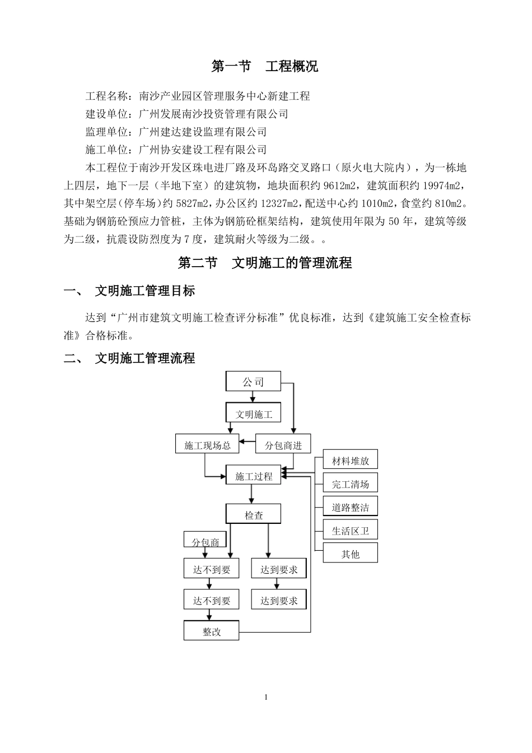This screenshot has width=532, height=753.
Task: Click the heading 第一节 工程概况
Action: [x=265, y=67]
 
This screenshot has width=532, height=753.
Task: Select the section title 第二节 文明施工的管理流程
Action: [x=265, y=263]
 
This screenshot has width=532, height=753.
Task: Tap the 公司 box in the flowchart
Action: [x=253, y=382]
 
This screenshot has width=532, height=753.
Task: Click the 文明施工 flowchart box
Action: [x=253, y=414]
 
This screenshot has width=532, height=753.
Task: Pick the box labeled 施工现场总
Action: [x=207, y=445]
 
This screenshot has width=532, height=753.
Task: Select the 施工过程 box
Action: [x=253, y=476]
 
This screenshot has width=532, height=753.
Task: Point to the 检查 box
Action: [x=253, y=514]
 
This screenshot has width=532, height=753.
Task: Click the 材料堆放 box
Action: [x=350, y=461]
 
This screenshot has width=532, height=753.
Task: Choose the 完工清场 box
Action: [x=350, y=484]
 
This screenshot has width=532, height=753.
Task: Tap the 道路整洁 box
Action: [x=350, y=507]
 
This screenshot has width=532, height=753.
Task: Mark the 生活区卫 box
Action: [x=350, y=531]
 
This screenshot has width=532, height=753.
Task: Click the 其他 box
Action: [x=350, y=554]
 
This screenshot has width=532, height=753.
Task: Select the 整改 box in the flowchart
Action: [x=212, y=631]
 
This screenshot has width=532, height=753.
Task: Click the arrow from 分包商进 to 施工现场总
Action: [x=247, y=444]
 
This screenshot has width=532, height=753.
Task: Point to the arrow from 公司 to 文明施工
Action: [x=253, y=397]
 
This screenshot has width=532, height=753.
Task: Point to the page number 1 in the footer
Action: [x=266, y=697]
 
